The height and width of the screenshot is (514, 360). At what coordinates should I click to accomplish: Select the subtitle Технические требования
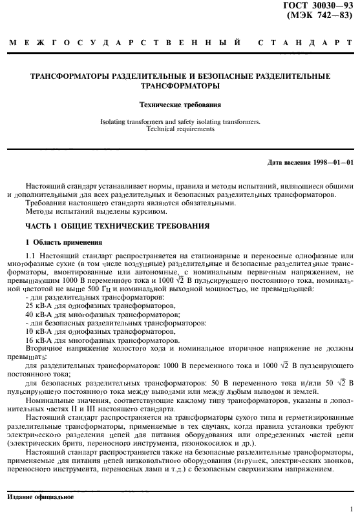(x=180, y=103)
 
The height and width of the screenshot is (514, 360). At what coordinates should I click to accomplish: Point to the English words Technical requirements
(x=180, y=128)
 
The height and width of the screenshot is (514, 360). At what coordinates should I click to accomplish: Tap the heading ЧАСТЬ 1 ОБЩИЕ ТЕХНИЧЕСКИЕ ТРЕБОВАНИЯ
(x=117, y=227)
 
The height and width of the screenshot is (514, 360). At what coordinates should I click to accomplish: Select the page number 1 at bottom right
(x=350, y=509)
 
